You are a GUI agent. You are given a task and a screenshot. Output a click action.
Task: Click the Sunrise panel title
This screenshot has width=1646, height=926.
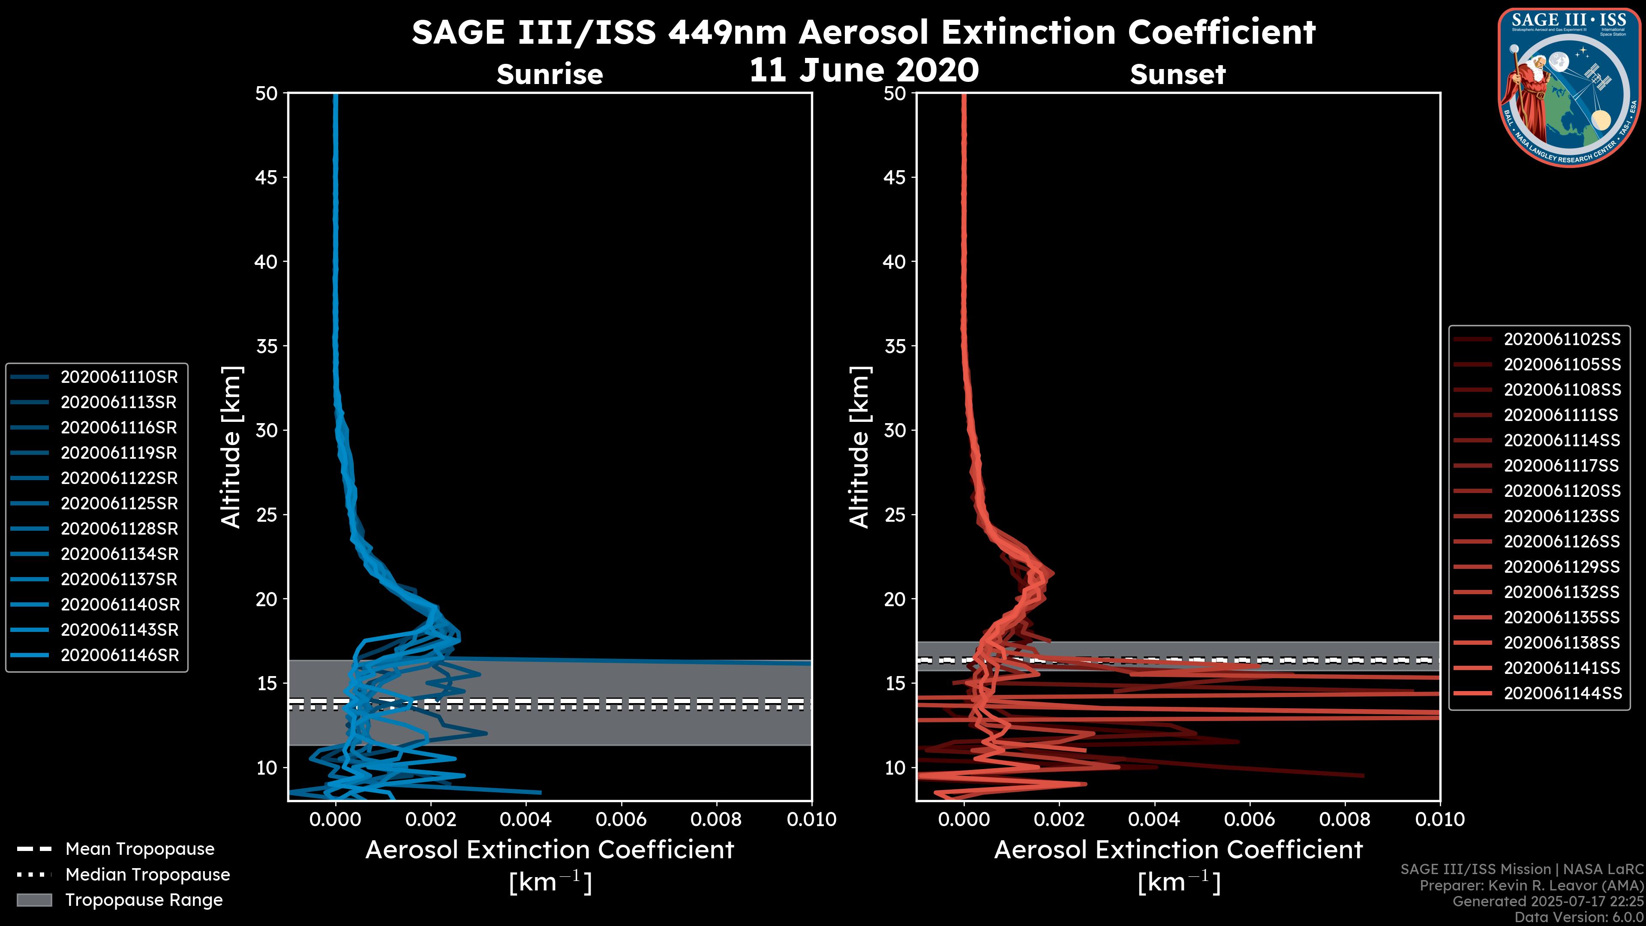point(550,74)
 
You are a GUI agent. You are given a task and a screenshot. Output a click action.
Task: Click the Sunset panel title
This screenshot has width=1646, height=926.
point(1177,74)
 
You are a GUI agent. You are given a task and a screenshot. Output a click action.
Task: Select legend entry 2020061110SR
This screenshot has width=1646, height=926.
point(119,377)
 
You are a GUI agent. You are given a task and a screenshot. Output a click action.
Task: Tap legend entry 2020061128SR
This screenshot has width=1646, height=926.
point(119,529)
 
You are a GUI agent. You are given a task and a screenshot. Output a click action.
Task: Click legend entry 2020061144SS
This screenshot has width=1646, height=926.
point(1562,693)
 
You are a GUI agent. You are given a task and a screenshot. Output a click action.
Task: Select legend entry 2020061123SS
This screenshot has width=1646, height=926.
point(1562,516)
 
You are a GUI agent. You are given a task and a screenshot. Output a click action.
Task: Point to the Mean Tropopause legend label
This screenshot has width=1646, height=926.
point(140,849)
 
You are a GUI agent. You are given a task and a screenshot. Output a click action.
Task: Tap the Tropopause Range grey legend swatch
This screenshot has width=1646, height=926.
point(34,900)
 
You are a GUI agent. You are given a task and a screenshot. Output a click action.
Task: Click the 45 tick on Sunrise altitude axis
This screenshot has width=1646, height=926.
point(267,177)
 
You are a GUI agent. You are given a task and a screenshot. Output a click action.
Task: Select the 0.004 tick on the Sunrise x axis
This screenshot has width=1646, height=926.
point(525,819)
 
